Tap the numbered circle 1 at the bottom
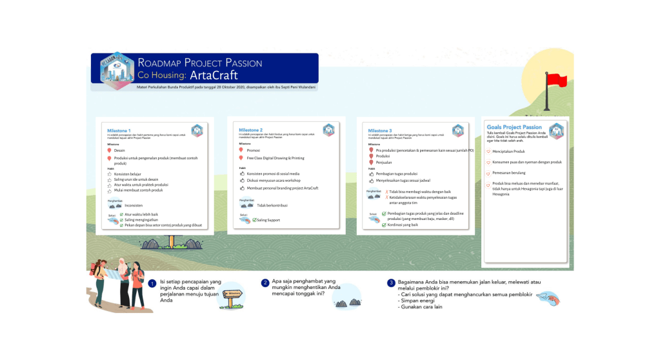(152, 283)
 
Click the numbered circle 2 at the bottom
(265, 283)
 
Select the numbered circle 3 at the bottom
(391, 283)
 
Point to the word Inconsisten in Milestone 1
(134, 205)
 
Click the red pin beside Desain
(109, 150)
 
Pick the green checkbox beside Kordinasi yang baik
(384, 225)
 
